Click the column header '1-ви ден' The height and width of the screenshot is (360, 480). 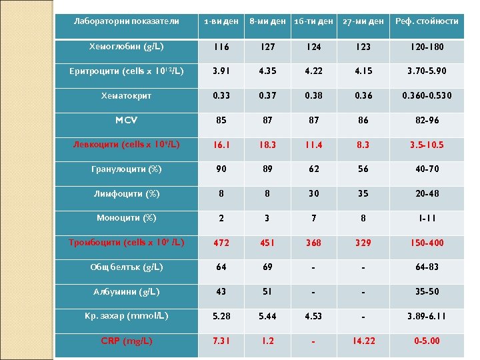[x=221, y=21]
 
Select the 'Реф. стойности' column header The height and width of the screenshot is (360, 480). [x=427, y=21]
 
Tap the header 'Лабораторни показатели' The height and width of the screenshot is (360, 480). [x=126, y=21]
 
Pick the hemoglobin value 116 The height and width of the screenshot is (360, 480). [x=221, y=47]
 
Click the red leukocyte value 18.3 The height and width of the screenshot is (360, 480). [x=267, y=145]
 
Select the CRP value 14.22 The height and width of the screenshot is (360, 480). [x=363, y=341]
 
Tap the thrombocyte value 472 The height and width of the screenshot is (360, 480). [x=221, y=243]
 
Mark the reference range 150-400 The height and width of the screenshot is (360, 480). [x=427, y=243]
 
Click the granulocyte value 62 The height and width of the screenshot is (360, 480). [x=313, y=169]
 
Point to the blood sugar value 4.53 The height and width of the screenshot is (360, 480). [x=313, y=316]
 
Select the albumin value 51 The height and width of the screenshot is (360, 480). [x=267, y=292]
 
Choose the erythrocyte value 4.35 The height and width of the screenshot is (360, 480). [x=267, y=71]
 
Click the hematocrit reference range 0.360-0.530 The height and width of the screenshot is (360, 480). [x=427, y=96]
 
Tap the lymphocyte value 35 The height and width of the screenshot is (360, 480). [x=363, y=194]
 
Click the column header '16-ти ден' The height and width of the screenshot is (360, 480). [x=313, y=21]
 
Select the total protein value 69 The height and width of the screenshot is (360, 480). [x=267, y=267]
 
